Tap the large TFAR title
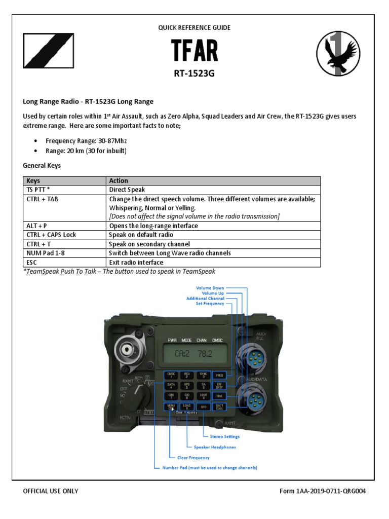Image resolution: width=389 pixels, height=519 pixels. coord(194,51)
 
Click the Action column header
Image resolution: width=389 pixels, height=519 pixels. coord(119,180)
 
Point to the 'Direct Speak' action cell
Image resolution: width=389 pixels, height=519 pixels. coord(127,190)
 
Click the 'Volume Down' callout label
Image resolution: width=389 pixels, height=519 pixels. coord(210,288)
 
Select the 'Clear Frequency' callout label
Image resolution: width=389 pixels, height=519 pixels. coord(193,457)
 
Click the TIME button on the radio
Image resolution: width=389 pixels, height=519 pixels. coord(219,396)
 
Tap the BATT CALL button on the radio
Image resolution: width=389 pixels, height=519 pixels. coord(219,407)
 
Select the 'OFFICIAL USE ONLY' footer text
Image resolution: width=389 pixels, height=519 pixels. coord(51,491)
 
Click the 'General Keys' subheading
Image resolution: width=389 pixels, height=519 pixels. coord(42,165)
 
